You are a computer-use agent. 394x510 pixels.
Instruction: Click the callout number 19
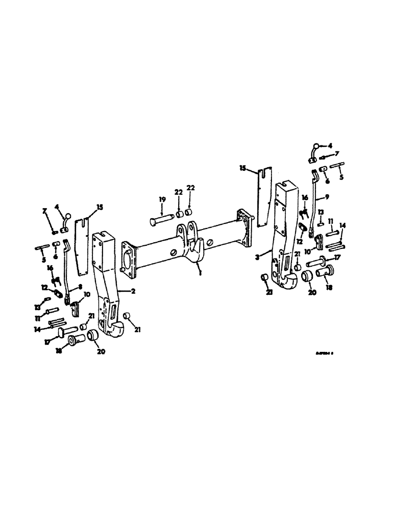tap(161, 199)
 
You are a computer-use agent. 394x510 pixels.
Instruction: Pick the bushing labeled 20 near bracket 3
tap(308, 276)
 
